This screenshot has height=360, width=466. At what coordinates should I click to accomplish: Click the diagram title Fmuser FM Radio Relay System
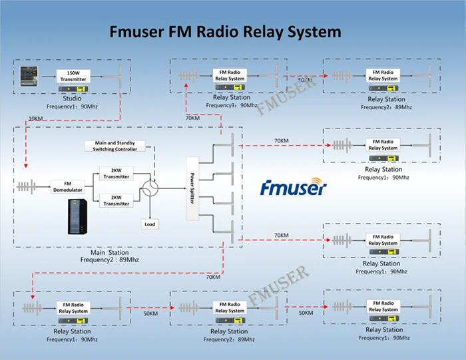(225, 31)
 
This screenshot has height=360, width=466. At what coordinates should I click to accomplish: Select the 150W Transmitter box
(73, 75)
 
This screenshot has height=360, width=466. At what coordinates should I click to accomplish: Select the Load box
(150, 224)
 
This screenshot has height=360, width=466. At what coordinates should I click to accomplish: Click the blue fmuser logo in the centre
(293, 188)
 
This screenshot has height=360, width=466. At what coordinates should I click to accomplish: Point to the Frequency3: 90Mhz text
(231, 104)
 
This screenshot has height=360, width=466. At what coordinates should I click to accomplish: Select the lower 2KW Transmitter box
(116, 200)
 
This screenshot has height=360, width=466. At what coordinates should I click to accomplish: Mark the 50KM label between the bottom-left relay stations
(151, 313)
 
